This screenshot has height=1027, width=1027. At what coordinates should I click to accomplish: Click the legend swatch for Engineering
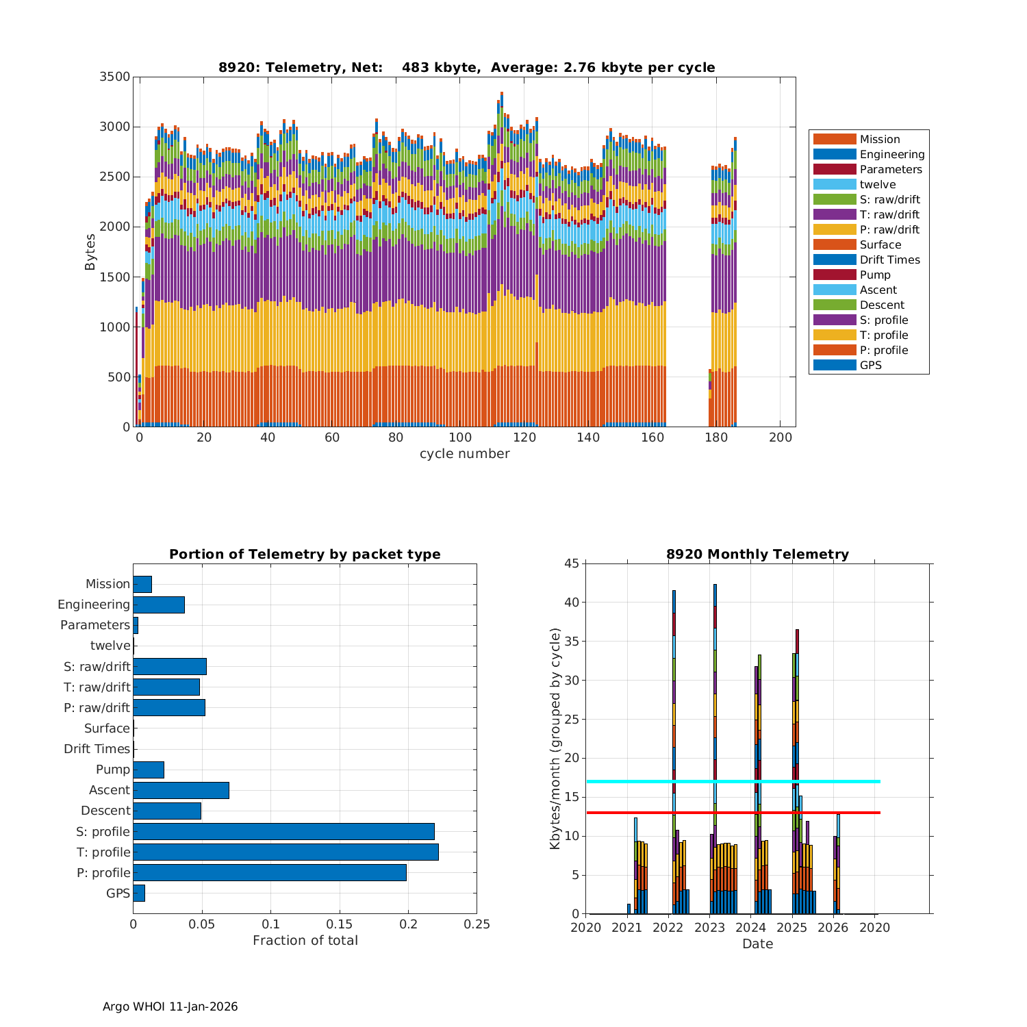(835, 154)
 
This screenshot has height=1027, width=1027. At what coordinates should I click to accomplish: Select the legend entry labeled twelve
(877, 184)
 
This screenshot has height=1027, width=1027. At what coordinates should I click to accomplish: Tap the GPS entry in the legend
(870, 365)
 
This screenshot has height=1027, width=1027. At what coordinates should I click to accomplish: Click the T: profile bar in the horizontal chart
(286, 852)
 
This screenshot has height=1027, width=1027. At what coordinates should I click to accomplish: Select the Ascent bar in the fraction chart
(181, 790)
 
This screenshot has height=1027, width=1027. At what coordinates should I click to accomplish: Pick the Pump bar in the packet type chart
(149, 770)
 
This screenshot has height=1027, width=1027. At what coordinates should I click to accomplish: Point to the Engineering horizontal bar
(159, 605)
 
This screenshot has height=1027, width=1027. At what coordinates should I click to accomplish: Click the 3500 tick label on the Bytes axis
(114, 77)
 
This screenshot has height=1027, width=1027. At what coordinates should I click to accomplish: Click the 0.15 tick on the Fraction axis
(340, 924)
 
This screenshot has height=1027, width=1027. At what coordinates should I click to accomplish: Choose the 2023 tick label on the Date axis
(709, 928)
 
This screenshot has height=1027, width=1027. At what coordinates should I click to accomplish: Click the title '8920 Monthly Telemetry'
(757, 554)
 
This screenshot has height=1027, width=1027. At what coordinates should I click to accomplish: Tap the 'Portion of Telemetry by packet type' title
(305, 554)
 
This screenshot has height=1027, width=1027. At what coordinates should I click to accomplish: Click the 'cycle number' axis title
(464, 454)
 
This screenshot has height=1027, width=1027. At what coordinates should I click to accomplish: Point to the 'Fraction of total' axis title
(305, 941)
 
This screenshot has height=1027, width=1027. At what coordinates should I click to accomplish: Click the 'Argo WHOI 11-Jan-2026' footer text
(170, 1006)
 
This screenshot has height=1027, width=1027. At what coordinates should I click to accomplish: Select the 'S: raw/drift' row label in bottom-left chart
(97, 666)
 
